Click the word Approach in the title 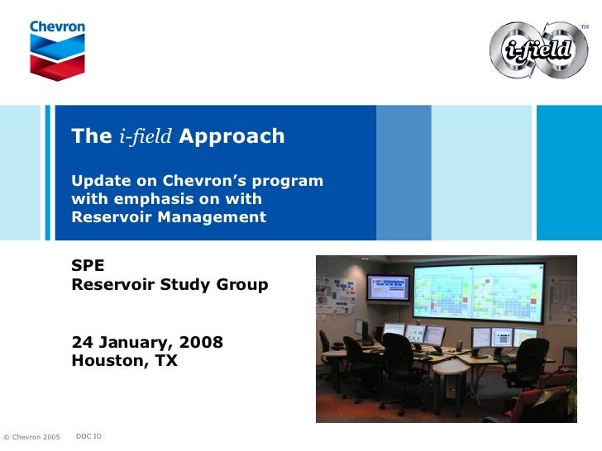pos(232,136)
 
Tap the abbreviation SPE pos(88,267)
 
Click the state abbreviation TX pos(165,361)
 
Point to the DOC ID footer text pos(88,435)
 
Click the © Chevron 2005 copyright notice pos(32,436)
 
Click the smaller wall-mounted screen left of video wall pos(388,288)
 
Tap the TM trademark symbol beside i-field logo pos(584,27)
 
